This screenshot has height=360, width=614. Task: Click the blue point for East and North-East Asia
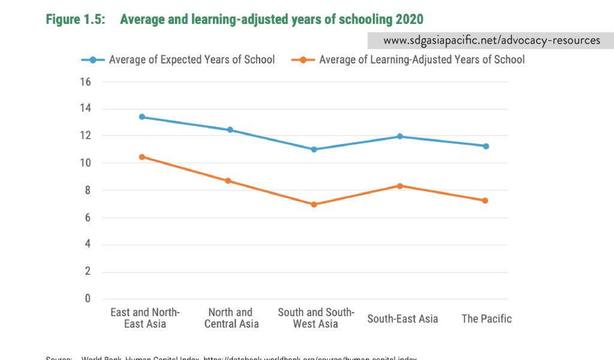coord(142,117)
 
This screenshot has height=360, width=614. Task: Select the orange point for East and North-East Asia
coord(142,157)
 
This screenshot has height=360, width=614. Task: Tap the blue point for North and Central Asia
coord(230,130)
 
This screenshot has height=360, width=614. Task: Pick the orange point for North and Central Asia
coord(228,181)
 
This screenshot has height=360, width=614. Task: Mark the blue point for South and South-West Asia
coord(314,149)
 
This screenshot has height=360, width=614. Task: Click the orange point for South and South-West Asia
coord(314,205)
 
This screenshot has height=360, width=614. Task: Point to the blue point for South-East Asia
coord(400,136)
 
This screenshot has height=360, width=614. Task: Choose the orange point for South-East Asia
coord(400,186)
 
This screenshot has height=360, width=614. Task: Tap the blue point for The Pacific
coord(486,146)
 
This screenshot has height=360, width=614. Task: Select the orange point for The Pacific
coord(485,200)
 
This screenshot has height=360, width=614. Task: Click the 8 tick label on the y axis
coord(88,190)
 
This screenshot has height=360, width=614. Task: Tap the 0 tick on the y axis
coord(88,299)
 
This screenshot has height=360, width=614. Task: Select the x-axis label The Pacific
coord(486,319)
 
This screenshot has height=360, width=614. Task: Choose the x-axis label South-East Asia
coord(402,319)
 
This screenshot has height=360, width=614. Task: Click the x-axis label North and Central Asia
coord(231,318)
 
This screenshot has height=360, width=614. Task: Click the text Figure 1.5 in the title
coord(75,19)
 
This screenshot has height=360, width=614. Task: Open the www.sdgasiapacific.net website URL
coord(491,40)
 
